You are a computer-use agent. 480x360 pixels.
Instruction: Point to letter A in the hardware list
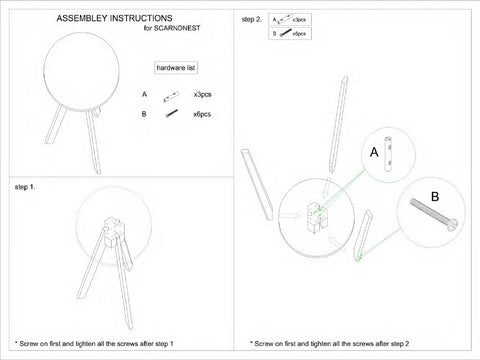(x=145, y=95)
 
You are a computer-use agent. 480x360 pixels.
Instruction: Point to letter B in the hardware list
(x=145, y=115)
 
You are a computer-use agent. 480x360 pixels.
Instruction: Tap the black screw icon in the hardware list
(x=171, y=115)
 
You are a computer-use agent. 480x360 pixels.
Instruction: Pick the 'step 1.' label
(x=25, y=187)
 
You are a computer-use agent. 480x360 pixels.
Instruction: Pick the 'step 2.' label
(x=253, y=19)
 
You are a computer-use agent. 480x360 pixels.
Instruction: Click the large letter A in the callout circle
(x=372, y=153)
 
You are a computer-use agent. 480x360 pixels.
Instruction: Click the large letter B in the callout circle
(x=434, y=196)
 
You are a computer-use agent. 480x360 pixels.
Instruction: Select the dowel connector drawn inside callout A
(x=391, y=150)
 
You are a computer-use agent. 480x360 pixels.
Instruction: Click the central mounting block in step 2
(x=315, y=214)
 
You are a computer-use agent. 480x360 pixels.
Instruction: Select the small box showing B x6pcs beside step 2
(x=289, y=34)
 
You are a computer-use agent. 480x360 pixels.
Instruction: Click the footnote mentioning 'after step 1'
(x=100, y=343)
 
